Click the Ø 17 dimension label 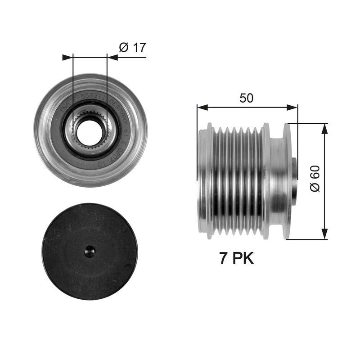click(x=132, y=47)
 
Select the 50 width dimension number click(x=246, y=98)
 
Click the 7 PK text click(x=236, y=258)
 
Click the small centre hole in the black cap click(x=90, y=252)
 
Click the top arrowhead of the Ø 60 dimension click(x=324, y=129)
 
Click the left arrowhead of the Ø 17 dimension click(x=67, y=57)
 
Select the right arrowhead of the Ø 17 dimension click(x=112, y=57)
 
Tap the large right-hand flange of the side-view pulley click(x=287, y=180)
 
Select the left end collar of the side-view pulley click(x=206, y=180)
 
